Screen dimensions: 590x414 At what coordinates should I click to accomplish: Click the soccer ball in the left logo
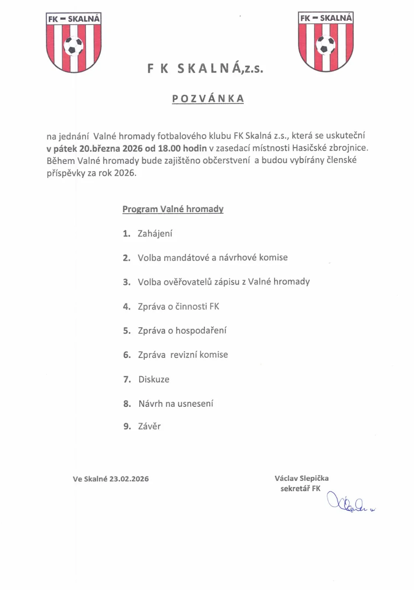click(x=73, y=46)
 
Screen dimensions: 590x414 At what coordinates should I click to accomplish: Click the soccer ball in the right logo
click(x=325, y=45)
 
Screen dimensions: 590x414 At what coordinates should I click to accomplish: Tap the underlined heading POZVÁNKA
click(x=208, y=99)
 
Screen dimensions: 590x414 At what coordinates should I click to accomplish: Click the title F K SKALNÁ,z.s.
click(x=205, y=69)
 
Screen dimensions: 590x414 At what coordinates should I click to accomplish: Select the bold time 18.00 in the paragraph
click(x=169, y=148)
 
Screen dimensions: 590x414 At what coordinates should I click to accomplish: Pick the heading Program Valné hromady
click(x=173, y=209)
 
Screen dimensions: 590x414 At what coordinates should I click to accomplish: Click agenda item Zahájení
click(x=155, y=233)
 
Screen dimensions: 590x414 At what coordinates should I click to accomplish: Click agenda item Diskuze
click(x=153, y=379)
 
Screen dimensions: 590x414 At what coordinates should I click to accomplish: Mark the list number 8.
click(x=127, y=404)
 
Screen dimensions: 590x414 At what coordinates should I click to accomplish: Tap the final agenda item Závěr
click(x=149, y=426)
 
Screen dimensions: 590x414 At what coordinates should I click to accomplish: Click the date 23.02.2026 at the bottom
click(x=129, y=479)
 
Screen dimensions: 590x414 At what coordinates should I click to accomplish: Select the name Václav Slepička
click(x=301, y=478)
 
